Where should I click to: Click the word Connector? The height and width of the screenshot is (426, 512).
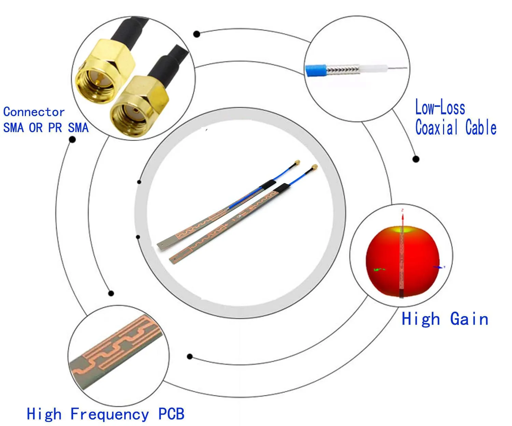[34, 112]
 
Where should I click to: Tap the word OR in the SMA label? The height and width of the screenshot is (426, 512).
[36, 128]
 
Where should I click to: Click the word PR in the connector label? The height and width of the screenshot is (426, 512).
[55, 128]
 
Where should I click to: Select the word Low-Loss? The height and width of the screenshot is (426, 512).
[440, 108]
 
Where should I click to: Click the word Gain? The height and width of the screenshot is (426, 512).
[469, 319]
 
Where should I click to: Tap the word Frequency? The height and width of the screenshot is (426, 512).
[110, 414]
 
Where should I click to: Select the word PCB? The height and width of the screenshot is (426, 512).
[171, 414]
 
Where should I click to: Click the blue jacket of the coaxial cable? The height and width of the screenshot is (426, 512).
[316, 71]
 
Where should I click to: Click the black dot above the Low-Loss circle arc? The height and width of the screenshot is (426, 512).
[197, 34]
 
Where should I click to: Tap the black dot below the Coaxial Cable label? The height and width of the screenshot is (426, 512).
[416, 159]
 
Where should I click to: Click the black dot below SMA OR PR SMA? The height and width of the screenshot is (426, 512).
[72, 140]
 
